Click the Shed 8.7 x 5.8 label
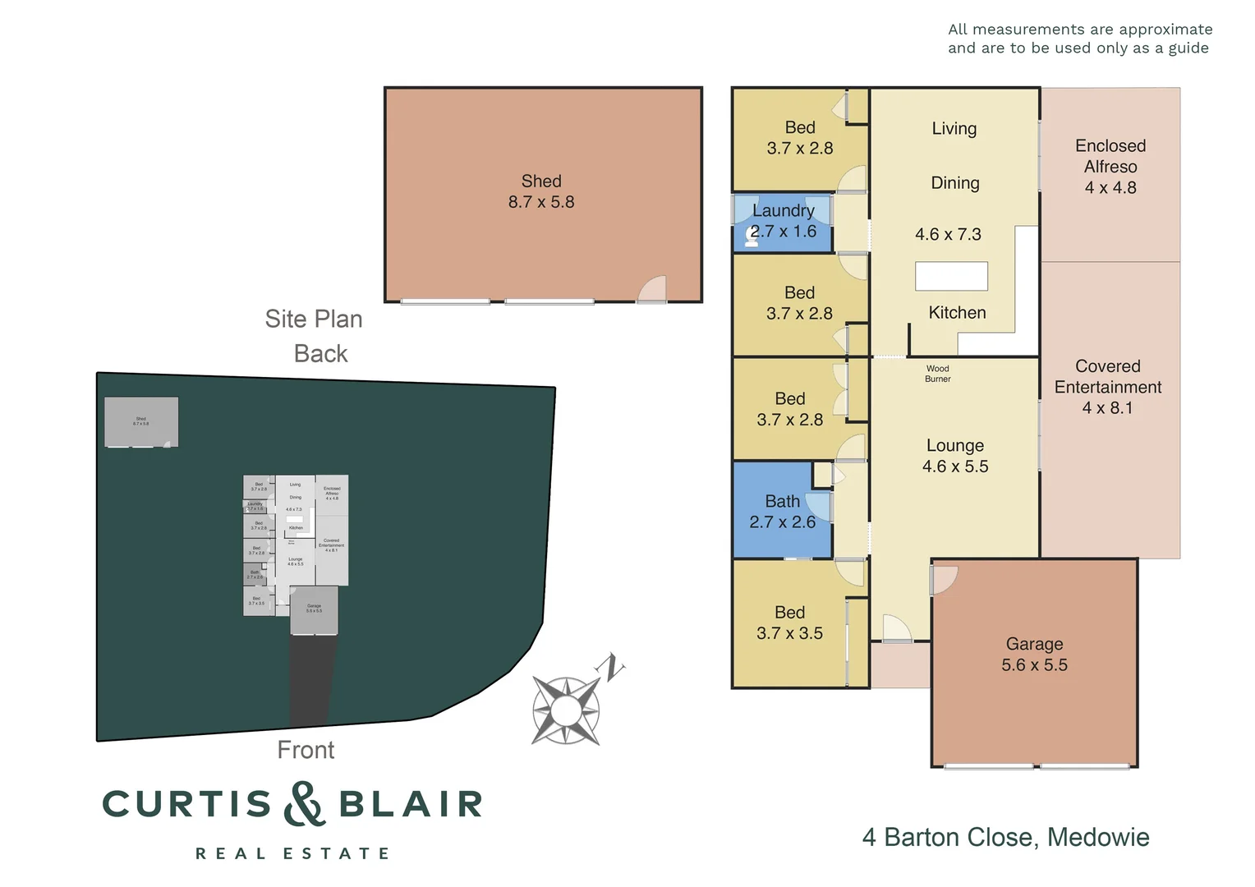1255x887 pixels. pyautogui.click(x=541, y=191)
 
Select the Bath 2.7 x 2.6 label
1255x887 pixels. pyautogui.click(x=782, y=512)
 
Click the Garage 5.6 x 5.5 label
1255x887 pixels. pyautogui.click(x=1034, y=655)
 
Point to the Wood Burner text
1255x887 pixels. pyautogui.click(x=937, y=374)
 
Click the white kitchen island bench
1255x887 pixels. pyautogui.click(x=951, y=276)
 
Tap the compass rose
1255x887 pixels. pyautogui.click(x=565, y=710)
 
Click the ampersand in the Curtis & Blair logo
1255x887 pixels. pyautogui.click(x=304, y=804)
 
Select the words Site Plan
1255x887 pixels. pyautogui.click(x=313, y=319)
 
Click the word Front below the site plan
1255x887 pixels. pyautogui.click(x=306, y=750)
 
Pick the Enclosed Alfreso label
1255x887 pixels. pyautogui.click(x=1110, y=167)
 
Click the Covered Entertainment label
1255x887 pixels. pyautogui.click(x=1108, y=387)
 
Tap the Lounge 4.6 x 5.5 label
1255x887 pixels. pyautogui.click(x=954, y=456)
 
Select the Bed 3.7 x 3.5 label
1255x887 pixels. pyautogui.click(x=789, y=623)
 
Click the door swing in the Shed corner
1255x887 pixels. pyautogui.click(x=654, y=290)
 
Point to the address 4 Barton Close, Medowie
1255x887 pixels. pyautogui.click(x=1005, y=837)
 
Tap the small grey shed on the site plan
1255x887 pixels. pyautogui.click(x=141, y=422)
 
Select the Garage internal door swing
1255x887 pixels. pyautogui.click(x=944, y=578)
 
